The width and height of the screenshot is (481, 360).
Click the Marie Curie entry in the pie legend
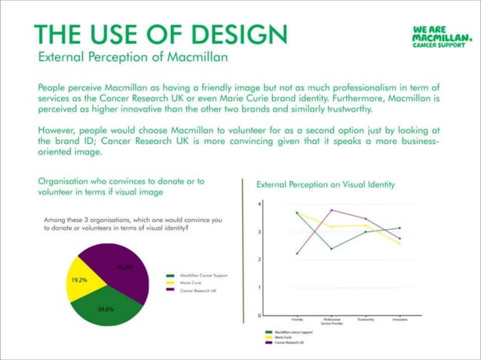pos(195,282)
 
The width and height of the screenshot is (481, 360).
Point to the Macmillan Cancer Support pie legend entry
pos(202,276)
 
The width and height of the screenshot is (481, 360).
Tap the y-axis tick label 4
pos(259,204)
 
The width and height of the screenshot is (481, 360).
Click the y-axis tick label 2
pos(259,260)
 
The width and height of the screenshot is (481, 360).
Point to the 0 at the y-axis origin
pos(259,315)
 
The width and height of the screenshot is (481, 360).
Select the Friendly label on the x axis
pos(296,319)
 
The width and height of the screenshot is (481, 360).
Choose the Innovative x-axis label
pos(400,319)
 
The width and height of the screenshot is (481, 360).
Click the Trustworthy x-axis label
pos(365,319)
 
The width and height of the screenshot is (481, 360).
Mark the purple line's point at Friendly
pos(296,254)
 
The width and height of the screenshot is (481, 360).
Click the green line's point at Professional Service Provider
pos(330,249)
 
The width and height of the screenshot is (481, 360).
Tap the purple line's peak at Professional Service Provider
pos(330,210)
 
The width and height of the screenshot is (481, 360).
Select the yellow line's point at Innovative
pos(400,244)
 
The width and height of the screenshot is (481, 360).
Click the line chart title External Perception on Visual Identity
pos(326,184)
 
